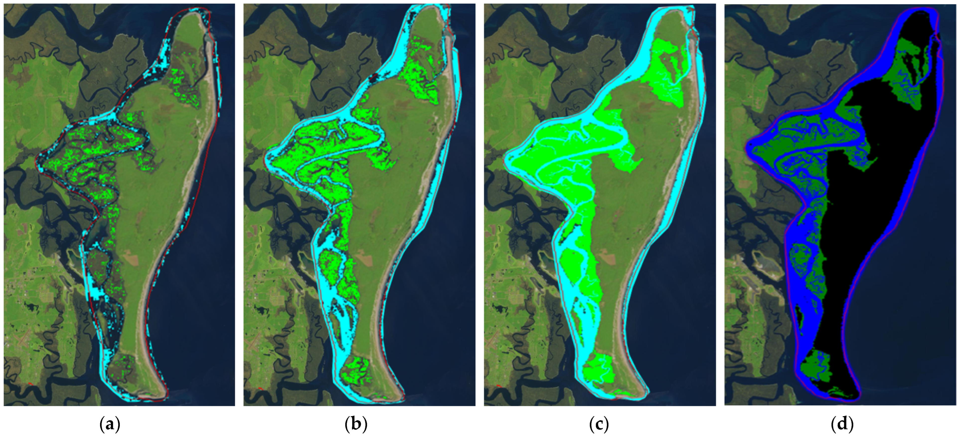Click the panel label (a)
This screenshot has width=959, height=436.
[x=110, y=424]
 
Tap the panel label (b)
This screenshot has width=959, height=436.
[x=356, y=424]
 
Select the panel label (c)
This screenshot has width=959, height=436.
[x=599, y=424]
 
